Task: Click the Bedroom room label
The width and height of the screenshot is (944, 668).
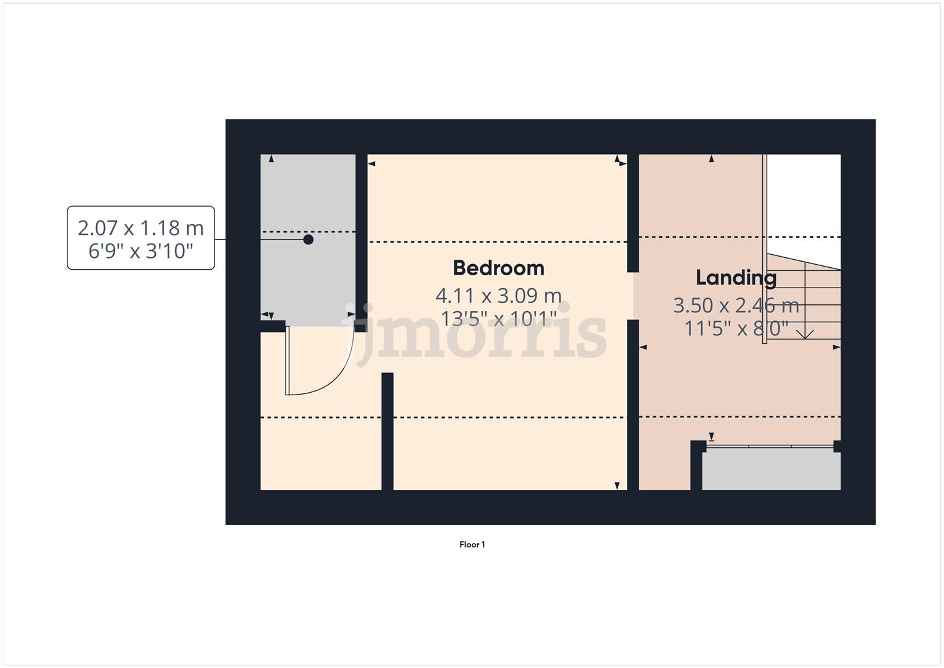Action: point(498,268)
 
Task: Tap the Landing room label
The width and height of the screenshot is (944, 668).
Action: point(736,278)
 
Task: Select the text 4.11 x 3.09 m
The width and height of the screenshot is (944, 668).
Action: point(498,296)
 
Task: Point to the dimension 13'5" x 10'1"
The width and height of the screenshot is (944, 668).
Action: point(498,319)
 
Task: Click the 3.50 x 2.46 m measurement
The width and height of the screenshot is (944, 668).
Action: point(736,306)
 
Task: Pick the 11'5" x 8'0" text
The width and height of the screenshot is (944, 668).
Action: point(736,328)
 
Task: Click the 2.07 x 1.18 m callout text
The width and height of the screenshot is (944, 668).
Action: point(140,228)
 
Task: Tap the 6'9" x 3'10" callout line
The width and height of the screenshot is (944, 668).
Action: point(140,250)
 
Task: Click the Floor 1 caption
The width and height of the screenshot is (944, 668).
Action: point(472,545)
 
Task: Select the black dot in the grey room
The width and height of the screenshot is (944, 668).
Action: point(308,239)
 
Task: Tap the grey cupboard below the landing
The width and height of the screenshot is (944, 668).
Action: point(771,470)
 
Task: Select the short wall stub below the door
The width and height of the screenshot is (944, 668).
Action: point(388,431)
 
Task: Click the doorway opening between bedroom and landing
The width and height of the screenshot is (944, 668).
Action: point(633,296)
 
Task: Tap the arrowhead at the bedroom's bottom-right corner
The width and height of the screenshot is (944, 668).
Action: point(617,486)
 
